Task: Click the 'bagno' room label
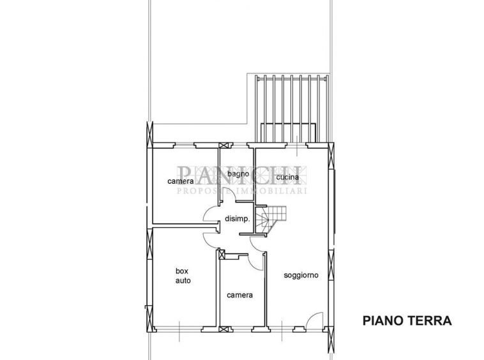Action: coord(238,174)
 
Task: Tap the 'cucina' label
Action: coord(287,177)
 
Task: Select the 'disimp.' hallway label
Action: coord(237,219)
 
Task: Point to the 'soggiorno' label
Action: coord(301,275)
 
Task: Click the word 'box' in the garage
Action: coord(182,271)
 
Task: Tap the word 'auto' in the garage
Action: coord(183,281)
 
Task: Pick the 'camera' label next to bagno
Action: coord(181,181)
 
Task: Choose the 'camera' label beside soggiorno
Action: coord(240,296)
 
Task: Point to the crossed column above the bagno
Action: coord(223,146)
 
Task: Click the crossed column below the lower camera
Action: coord(223,329)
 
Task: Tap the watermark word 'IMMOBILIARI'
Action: coord(271,191)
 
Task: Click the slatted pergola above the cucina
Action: coord(291,108)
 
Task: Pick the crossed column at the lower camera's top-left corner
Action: coord(222,255)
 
